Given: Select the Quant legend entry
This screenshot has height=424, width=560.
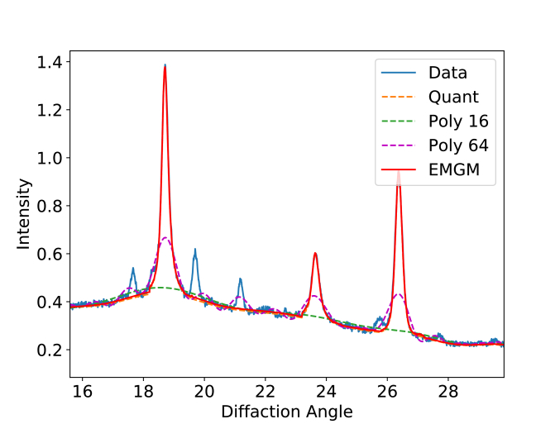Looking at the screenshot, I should pyautogui.click(x=452, y=97).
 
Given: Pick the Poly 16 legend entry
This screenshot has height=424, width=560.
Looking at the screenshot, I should pyautogui.click(x=457, y=121).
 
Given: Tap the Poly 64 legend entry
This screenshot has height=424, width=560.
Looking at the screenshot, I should pyautogui.click(x=457, y=145).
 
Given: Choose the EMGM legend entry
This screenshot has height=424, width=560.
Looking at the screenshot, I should pyautogui.click(x=453, y=170).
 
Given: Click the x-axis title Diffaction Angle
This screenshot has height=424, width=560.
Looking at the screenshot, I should pyautogui.click(x=286, y=411).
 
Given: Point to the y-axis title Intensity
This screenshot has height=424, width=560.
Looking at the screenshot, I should pyautogui.click(x=24, y=213).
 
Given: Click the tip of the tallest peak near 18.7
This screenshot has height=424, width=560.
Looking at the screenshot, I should pyautogui.click(x=165, y=64).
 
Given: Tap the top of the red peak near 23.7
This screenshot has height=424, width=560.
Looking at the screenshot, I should pyautogui.click(x=315, y=254).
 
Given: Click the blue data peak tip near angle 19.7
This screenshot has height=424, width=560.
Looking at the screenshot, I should pyautogui.click(x=195, y=249).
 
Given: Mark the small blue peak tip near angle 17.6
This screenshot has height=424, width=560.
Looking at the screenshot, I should pyautogui.click(x=133, y=268).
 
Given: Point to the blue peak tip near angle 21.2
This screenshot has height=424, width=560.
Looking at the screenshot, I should pyautogui.click(x=240, y=279).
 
